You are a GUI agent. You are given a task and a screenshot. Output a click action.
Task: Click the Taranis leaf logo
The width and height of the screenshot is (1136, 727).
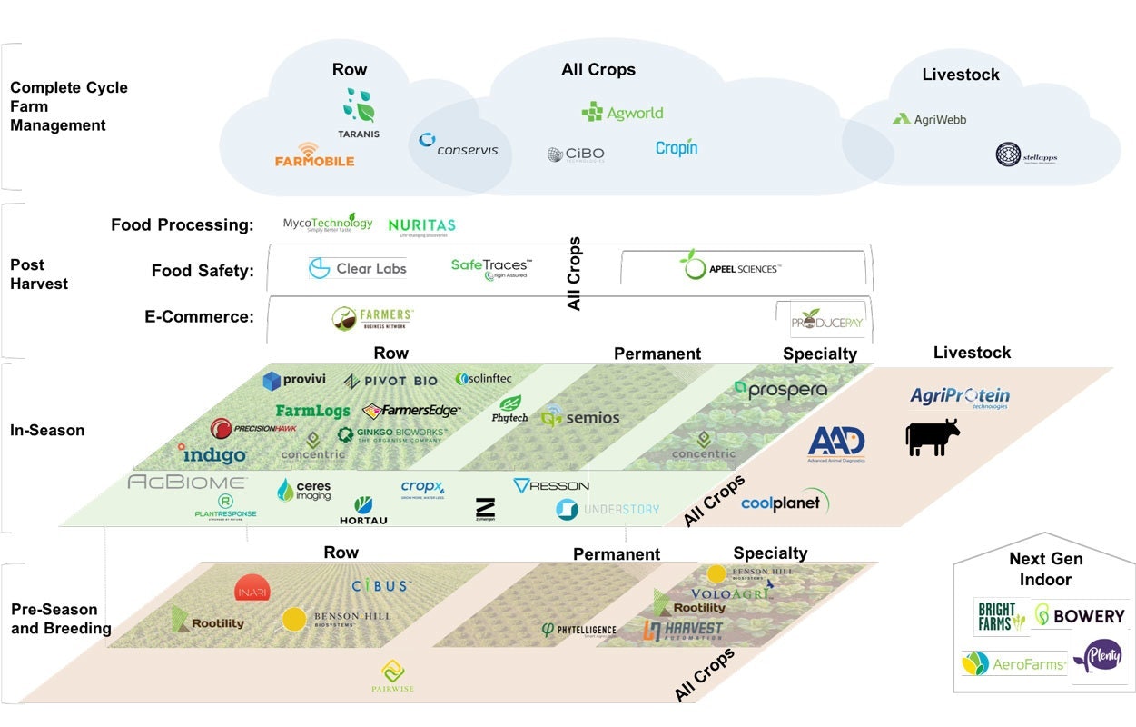359,106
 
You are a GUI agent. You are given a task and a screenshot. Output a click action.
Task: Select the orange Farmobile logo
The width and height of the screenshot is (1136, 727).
314,155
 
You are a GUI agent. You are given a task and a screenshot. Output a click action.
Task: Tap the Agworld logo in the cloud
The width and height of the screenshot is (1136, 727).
622,113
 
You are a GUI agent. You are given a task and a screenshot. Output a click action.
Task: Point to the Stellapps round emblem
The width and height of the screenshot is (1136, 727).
1010,154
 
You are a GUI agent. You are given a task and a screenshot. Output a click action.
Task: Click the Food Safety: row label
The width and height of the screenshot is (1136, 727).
203,270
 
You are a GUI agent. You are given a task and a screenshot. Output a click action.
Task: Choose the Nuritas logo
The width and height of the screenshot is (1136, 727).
421,226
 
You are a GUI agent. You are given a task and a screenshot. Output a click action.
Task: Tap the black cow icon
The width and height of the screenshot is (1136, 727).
933,437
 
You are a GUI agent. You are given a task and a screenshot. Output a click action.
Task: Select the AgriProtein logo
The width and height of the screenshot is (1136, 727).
960,397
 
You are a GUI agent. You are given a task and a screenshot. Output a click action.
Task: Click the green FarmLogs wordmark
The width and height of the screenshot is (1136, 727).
312,412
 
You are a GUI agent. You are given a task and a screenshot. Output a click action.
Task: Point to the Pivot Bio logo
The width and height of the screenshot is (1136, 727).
390,381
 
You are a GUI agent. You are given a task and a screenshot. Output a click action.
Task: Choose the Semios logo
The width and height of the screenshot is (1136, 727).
580,418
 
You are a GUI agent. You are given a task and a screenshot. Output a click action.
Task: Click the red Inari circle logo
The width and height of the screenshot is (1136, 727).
252,588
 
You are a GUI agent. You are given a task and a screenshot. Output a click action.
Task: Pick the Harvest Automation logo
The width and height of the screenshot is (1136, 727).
683,630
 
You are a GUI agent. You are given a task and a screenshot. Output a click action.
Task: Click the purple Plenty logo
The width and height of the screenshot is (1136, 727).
1100,656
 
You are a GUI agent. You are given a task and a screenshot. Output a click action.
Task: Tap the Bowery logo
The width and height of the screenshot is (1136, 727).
1080,616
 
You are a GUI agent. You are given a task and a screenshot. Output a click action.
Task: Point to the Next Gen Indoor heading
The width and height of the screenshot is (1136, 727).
1045,569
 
